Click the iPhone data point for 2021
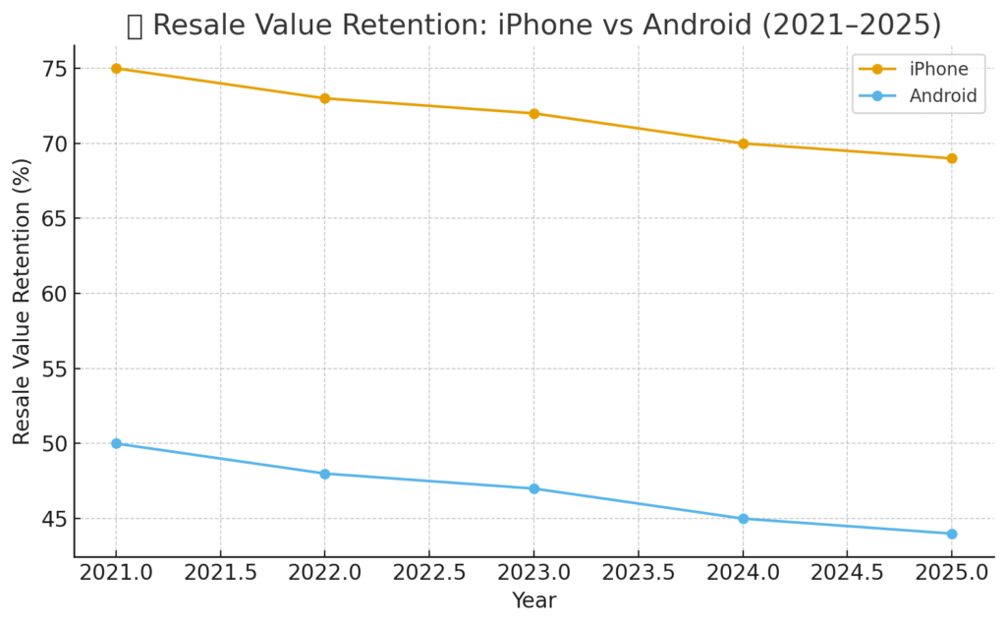116,69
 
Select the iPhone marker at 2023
533,113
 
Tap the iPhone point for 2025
952,158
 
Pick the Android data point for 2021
116,443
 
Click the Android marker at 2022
325,474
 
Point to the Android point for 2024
743,519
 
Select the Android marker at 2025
952,534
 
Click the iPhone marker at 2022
325,98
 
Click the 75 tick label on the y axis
54,69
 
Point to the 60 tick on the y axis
54,294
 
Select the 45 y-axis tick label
54,519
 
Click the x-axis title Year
533,600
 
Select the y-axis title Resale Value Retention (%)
22,302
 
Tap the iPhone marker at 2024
743,143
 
